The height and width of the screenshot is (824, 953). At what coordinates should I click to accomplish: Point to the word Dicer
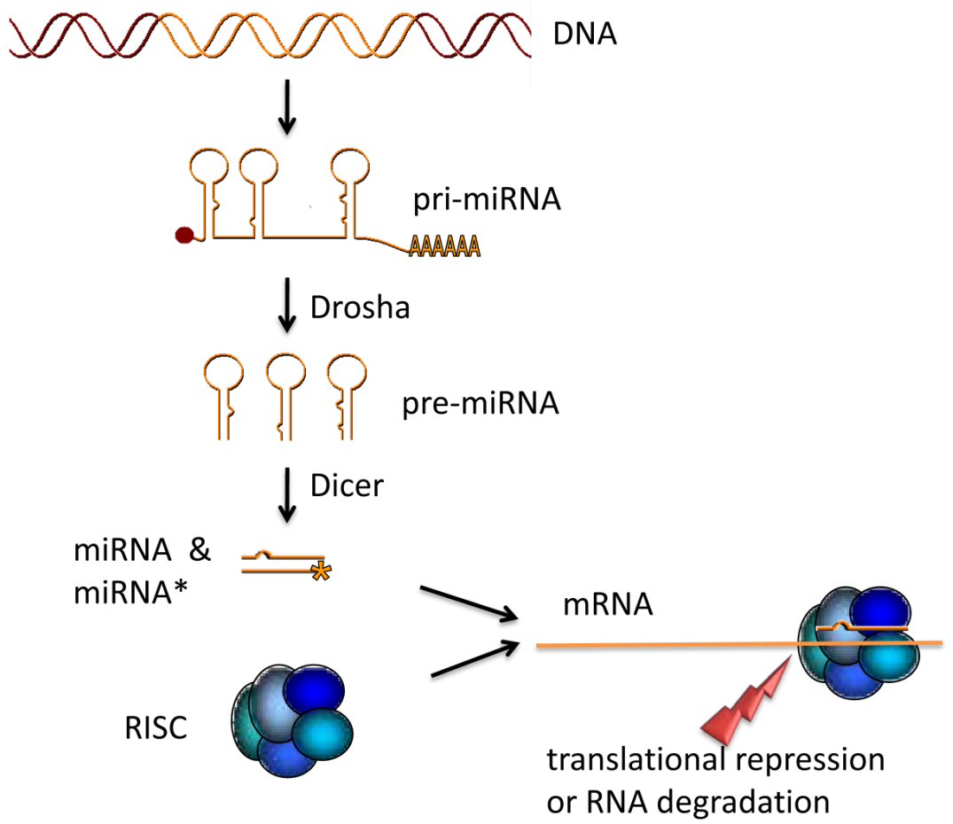click(x=347, y=485)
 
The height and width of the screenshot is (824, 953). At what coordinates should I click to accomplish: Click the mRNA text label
click(x=607, y=605)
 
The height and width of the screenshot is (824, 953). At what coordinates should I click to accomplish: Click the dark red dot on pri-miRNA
click(x=184, y=235)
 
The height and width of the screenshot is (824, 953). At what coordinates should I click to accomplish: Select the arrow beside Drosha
click(x=285, y=308)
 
